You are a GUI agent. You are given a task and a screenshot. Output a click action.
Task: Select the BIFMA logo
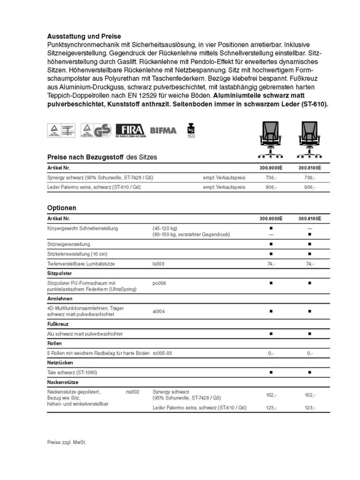(163, 131)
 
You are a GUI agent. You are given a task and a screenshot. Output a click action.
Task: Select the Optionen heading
(62, 208)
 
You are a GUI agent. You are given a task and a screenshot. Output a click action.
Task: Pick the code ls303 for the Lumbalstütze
(158, 264)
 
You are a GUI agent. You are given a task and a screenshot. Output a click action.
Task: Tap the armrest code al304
(159, 311)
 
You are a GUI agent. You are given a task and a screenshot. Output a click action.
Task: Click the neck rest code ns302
(132, 391)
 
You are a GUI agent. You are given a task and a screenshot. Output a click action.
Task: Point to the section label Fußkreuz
(58, 324)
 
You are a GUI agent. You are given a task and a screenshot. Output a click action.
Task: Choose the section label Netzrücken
(60, 362)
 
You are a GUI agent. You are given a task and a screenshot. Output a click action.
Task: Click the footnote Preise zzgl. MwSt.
(67, 442)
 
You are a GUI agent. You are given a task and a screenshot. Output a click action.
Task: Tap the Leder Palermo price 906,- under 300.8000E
(271, 187)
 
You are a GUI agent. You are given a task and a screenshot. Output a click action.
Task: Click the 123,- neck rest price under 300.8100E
(310, 408)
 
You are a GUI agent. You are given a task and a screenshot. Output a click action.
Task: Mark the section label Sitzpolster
(60, 274)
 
